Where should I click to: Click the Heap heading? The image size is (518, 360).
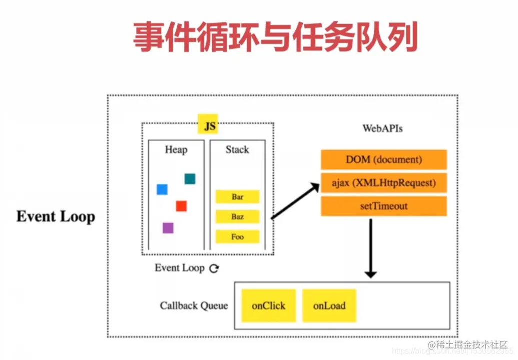[176, 150]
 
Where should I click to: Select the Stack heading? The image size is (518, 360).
[237, 150]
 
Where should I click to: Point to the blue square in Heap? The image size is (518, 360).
[162, 189]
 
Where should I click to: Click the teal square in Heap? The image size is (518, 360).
[190, 179]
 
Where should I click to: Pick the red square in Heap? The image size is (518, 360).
[181, 206]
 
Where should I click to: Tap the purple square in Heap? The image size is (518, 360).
[168, 228]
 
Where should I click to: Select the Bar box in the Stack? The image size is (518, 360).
[237, 197]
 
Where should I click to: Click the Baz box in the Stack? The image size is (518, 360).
[237, 217]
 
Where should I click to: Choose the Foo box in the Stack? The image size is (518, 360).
[237, 237]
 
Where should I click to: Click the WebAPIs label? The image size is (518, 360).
[383, 129]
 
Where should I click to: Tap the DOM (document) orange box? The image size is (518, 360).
[383, 160]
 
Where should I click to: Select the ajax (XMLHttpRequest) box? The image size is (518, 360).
[383, 183]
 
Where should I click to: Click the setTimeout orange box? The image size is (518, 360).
[383, 206]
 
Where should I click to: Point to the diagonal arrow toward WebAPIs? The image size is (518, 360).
[295, 201]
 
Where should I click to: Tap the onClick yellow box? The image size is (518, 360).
[269, 305]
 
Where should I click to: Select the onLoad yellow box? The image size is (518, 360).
[329, 305]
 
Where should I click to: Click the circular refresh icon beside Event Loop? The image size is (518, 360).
[214, 268]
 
